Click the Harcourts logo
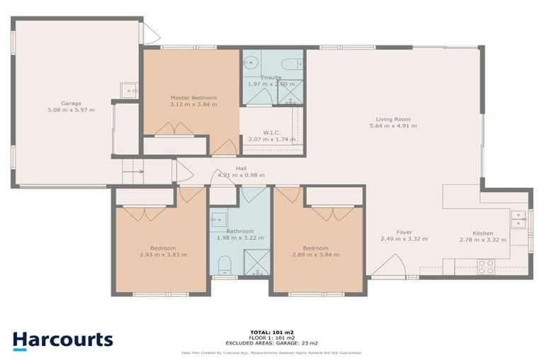pos(62,340)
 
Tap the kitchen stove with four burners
pos(486,267)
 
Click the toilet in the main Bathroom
pos(224,265)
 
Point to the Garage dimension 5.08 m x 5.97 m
pos(71,111)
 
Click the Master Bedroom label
pos(193,97)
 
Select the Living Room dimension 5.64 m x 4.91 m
pos(393,126)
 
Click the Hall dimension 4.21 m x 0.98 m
pos(241,175)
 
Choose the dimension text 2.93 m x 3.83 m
pos(163,255)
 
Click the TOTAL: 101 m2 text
pos(271,332)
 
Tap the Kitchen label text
pos(484,233)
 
